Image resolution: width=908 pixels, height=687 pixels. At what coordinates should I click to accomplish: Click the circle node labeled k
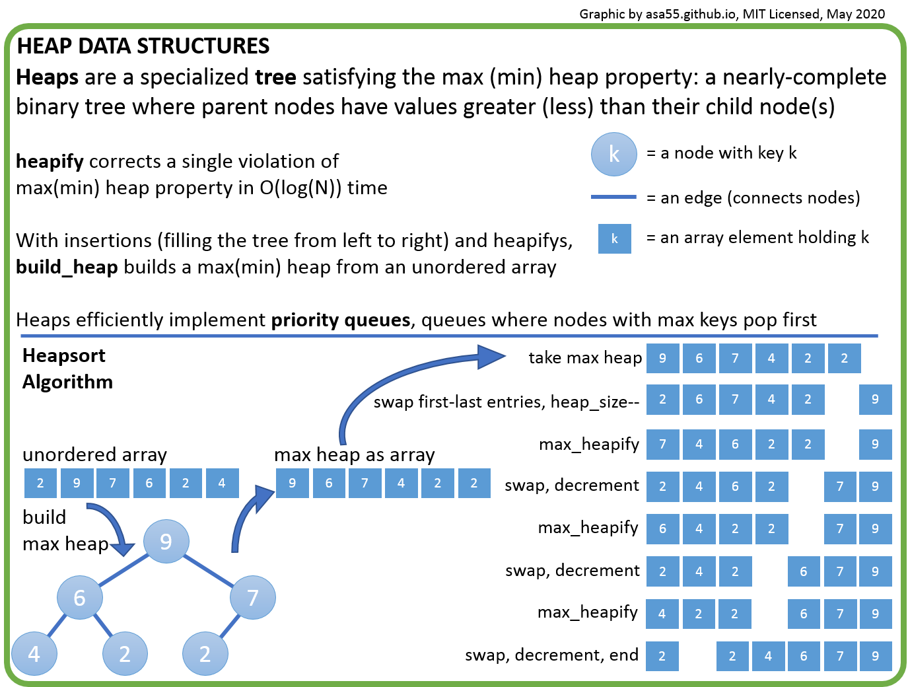613,155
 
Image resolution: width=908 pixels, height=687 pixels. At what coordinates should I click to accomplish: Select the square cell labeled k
614,238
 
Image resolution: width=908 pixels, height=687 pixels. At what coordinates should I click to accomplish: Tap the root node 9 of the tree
166,542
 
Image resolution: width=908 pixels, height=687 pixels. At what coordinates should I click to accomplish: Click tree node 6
80,597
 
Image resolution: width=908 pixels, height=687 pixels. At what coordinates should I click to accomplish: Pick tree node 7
253,597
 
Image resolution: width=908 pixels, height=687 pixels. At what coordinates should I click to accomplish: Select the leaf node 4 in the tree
34,653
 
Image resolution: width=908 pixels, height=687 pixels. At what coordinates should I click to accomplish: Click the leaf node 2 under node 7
205,653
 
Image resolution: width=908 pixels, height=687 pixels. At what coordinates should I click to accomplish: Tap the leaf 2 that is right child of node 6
125,653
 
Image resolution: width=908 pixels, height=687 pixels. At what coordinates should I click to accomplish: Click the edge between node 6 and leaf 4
57,625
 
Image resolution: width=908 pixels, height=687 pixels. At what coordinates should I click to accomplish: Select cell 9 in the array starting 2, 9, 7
77,483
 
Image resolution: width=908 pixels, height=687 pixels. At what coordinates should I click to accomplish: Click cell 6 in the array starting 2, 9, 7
149,483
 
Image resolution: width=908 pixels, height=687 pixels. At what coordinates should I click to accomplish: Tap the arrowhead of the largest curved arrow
491,357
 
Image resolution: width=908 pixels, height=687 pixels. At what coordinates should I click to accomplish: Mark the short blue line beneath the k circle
613,197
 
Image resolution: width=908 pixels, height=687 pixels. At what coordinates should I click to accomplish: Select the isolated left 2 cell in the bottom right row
662,656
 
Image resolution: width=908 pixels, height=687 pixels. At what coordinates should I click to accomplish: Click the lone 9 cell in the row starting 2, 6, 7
875,399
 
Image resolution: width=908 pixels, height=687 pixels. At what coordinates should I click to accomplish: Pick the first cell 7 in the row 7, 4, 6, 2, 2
662,444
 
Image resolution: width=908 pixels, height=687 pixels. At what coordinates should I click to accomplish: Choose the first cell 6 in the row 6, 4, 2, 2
662,528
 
